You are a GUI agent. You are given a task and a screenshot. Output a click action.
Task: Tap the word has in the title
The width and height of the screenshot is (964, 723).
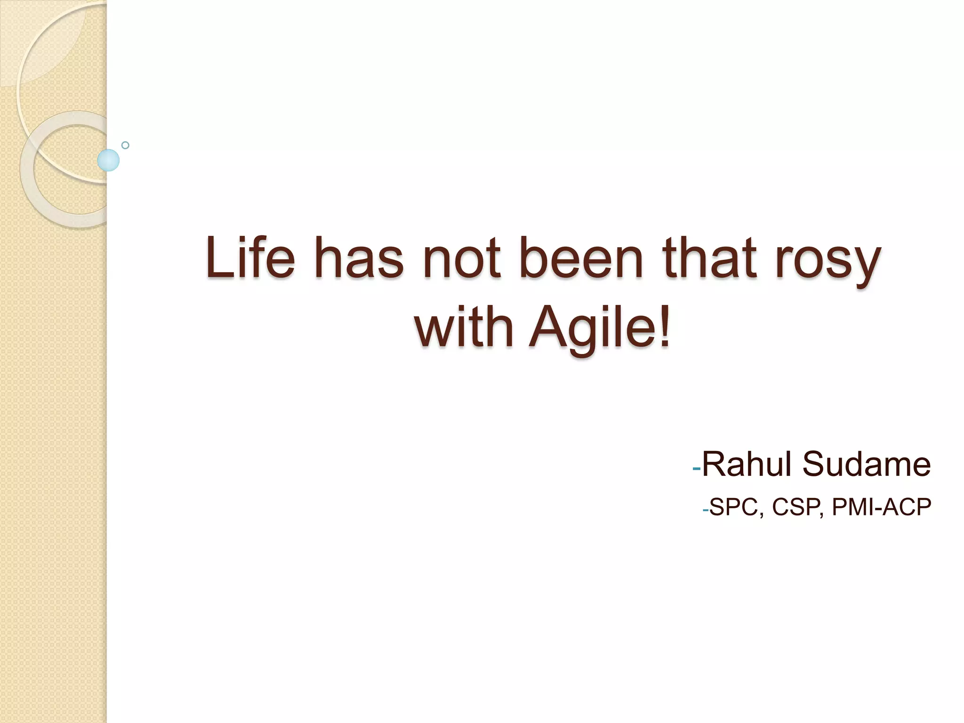click(x=363, y=258)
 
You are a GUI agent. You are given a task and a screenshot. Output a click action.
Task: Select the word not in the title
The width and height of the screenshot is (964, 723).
click(x=461, y=258)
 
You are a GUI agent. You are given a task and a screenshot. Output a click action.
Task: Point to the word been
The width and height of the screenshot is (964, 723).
click(x=581, y=258)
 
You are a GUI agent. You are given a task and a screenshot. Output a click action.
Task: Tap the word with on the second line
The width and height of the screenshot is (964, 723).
click(x=464, y=326)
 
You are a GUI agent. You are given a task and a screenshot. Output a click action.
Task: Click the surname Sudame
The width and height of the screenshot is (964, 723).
click(x=866, y=464)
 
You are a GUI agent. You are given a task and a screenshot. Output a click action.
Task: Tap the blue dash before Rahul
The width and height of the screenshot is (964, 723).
click(x=697, y=469)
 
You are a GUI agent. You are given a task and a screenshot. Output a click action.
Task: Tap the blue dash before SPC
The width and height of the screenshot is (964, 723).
click(x=705, y=511)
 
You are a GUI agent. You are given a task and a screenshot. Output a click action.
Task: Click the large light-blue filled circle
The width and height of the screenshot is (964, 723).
click(x=108, y=160)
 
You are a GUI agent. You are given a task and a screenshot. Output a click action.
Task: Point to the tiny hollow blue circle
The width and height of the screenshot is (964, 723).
click(x=125, y=145)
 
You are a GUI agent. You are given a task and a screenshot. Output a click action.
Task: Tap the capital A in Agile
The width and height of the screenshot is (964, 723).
click(x=549, y=326)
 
